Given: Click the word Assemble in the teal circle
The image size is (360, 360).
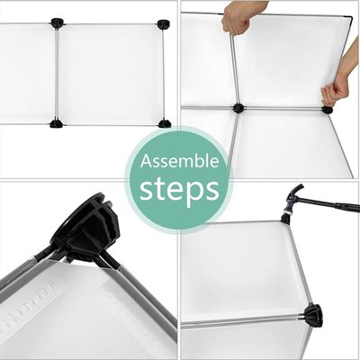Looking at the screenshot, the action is click(179, 162).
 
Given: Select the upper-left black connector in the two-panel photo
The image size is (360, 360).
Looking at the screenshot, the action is click(57, 23).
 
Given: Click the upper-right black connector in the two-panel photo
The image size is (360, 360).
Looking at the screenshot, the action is click(164, 24).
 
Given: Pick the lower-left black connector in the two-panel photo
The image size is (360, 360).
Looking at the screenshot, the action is click(56, 123).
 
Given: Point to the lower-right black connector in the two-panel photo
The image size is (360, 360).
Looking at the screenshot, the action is click(165, 123).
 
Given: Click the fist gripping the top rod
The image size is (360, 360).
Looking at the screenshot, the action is click(237, 17).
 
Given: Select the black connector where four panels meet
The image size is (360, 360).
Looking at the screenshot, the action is click(238, 108).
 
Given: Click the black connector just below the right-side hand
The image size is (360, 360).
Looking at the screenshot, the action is click(328, 110).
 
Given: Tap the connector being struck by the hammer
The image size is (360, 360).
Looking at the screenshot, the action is click(285, 218).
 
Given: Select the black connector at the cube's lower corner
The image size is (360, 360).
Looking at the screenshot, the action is click(312, 316).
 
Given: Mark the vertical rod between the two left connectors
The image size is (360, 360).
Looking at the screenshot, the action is click(57, 74).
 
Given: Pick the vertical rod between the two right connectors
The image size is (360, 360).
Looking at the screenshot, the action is click(164, 75).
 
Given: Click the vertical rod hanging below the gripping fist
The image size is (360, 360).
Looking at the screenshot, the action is click(235, 69).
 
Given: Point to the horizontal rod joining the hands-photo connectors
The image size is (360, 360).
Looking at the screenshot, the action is click(283, 108).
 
